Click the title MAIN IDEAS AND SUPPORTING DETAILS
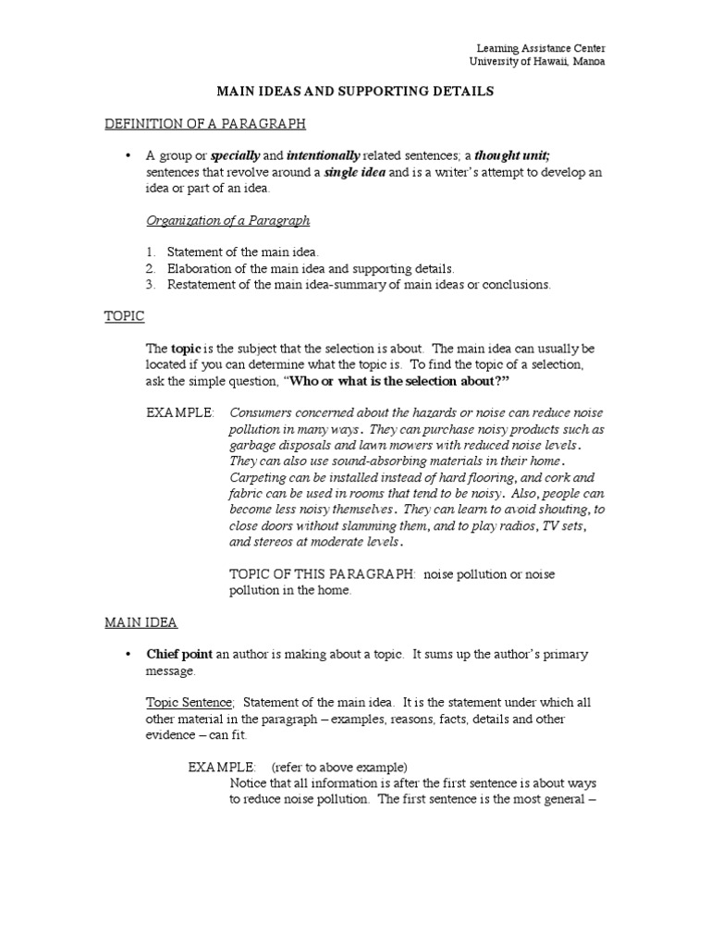click(x=355, y=92)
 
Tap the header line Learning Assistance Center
click(x=541, y=48)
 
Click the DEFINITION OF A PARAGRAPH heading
click(x=204, y=124)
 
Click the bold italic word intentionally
click(x=323, y=155)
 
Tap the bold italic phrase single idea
click(x=354, y=172)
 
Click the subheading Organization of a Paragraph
click(x=228, y=220)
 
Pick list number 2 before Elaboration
click(x=151, y=268)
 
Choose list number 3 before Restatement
click(x=151, y=284)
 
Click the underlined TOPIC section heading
click(x=124, y=316)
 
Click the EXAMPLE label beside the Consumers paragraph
click(x=180, y=412)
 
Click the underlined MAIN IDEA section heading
click(x=141, y=622)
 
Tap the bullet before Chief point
click(x=128, y=655)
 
